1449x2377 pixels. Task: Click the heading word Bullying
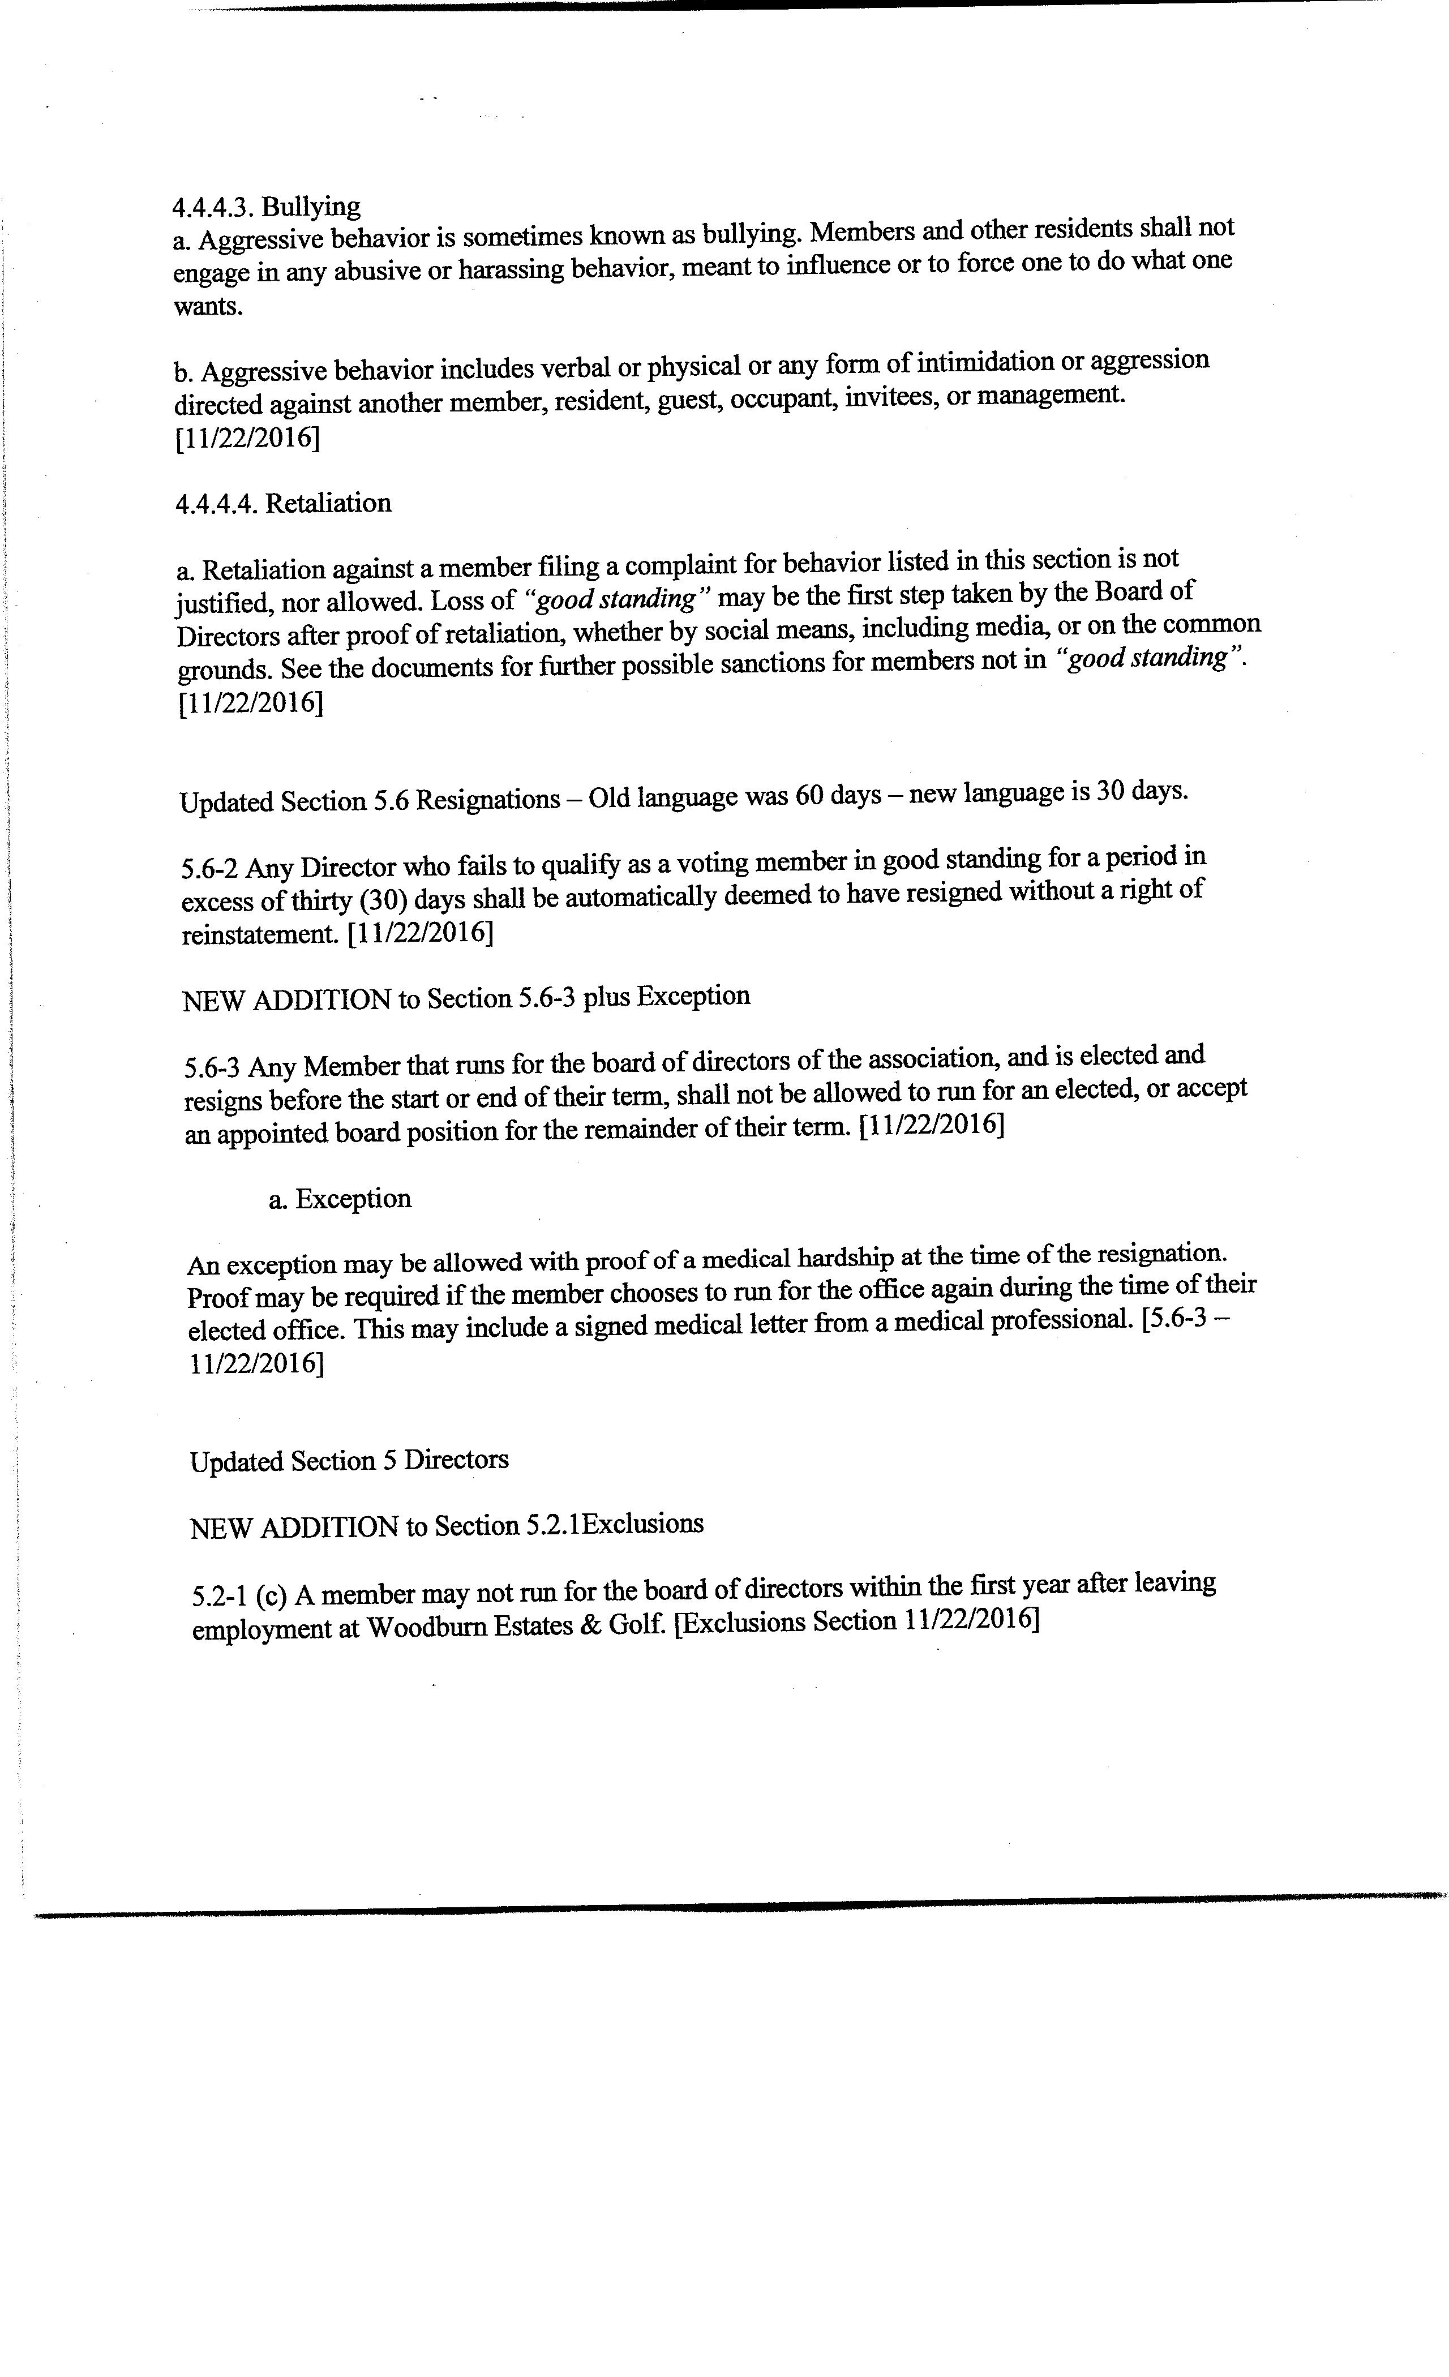point(312,207)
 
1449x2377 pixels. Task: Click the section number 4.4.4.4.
point(215,504)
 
